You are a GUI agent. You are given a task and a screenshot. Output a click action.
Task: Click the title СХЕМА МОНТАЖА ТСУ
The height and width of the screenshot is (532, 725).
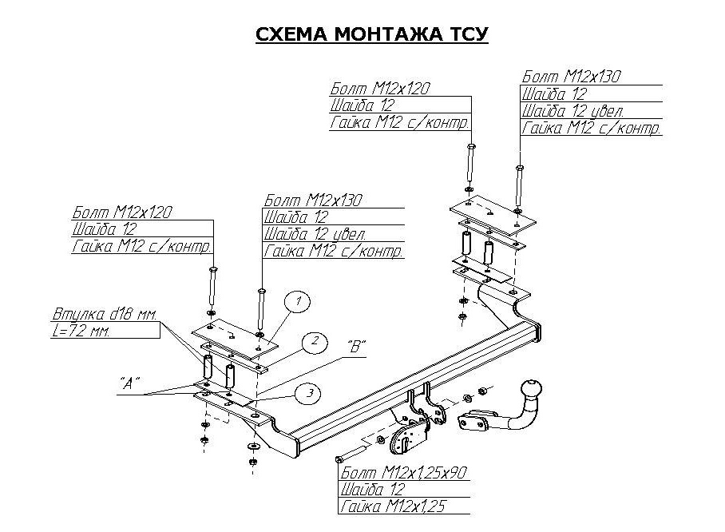click(371, 34)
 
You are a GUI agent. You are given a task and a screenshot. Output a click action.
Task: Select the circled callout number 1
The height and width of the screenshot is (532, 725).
click(297, 302)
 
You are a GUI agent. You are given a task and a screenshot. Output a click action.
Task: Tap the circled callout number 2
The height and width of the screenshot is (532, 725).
click(315, 342)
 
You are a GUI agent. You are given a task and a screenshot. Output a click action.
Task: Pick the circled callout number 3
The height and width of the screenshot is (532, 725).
click(309, 392)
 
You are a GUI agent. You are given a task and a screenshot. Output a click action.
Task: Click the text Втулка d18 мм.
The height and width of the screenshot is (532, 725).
click(103, 313)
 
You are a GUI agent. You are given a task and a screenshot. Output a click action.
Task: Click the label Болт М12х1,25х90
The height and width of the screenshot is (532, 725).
click(402, 472)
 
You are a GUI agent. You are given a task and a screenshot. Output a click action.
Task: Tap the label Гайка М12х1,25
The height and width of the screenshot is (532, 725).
click(391, 506)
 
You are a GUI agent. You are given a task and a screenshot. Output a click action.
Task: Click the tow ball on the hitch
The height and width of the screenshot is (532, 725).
click(532, 390)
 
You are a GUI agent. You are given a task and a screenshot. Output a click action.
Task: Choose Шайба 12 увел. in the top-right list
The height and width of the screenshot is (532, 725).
click(572, 111)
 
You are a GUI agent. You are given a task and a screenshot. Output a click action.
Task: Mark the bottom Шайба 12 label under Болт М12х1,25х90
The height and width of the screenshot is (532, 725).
click(372, 490)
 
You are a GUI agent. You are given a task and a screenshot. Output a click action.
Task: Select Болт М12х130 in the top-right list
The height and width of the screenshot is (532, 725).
click(571, 77)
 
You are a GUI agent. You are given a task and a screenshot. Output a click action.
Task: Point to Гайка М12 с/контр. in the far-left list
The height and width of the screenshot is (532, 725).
click(141, 247)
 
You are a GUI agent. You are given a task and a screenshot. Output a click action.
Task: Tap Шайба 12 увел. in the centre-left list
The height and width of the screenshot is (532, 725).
click(314, 235)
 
